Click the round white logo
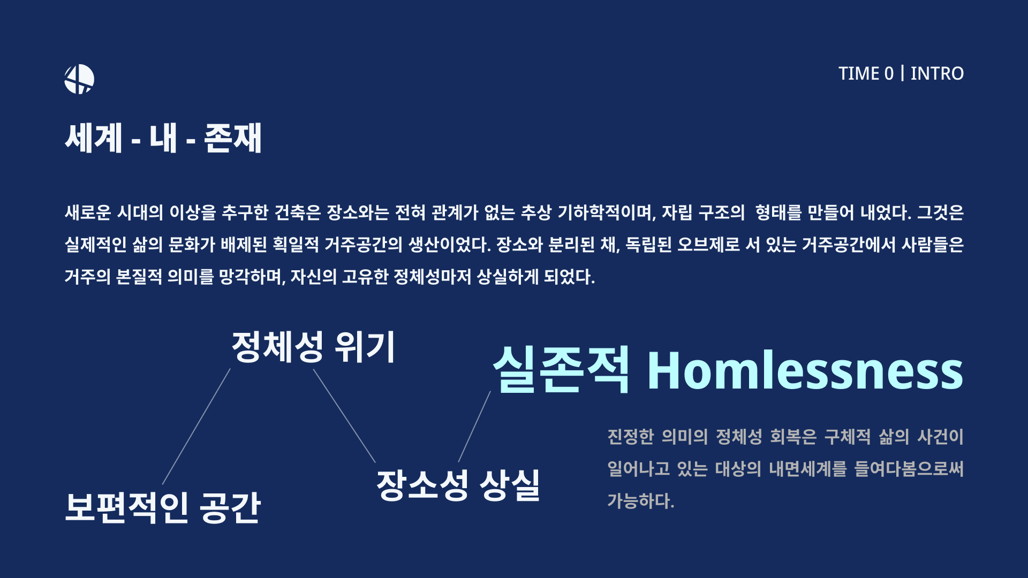79,79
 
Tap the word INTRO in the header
937,74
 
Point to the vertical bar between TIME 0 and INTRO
903,73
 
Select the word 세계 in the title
94,138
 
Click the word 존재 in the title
233,138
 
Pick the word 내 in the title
163,138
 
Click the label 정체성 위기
313,347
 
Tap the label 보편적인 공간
163,507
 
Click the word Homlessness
805,370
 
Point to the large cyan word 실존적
561,369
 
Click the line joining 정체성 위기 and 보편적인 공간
196,427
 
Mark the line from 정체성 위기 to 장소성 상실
344,416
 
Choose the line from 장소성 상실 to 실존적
474,427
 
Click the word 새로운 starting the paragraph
88,213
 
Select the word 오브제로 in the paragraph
709,245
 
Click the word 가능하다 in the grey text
641,501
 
